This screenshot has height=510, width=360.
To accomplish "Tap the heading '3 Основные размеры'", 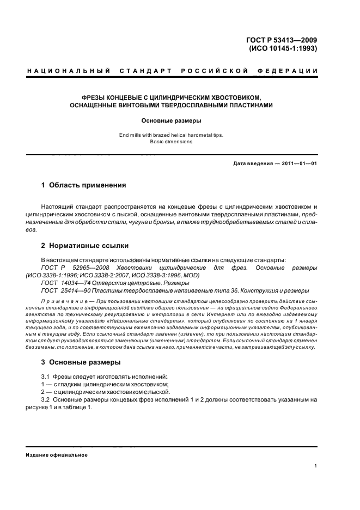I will point(81,362).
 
